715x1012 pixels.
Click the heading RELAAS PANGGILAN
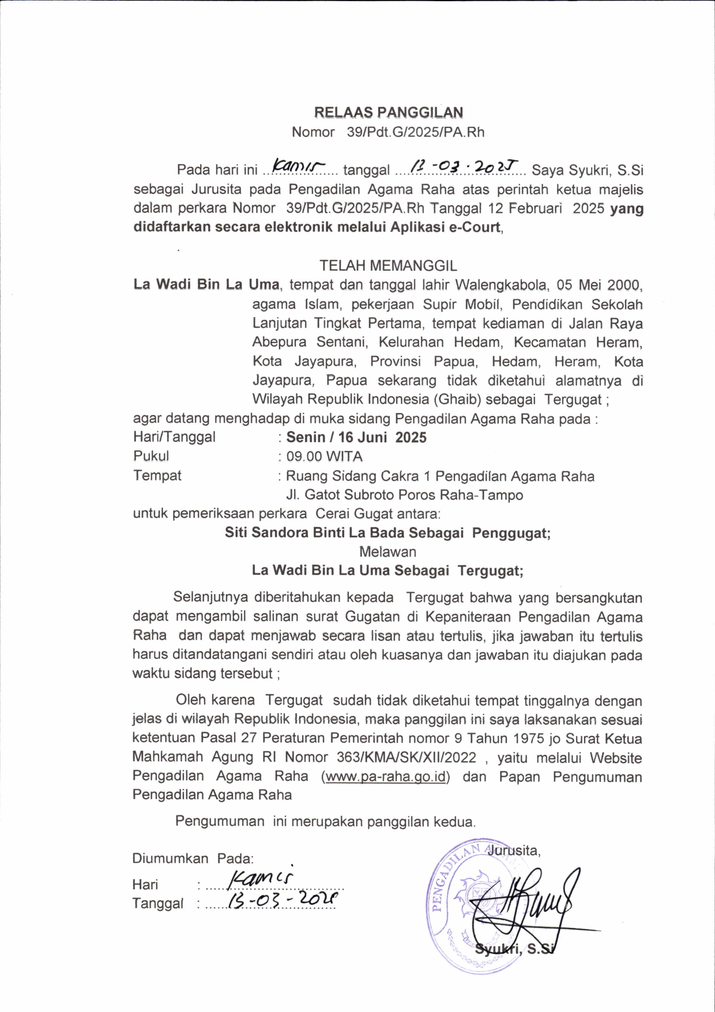coord(388,112)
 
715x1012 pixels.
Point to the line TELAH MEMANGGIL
coord(388,265)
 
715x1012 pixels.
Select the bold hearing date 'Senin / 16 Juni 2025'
coord(356,437)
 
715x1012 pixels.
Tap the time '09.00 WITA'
coord(325,456)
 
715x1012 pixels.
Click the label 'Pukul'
coord(151,456)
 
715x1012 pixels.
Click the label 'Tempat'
coord(157,475)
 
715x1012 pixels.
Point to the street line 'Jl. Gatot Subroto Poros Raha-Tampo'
coord(405,495)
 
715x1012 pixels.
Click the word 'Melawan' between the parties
coord(387,552)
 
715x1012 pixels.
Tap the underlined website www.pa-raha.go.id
coord(386,776)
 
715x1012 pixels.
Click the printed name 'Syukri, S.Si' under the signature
coord(515,949)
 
